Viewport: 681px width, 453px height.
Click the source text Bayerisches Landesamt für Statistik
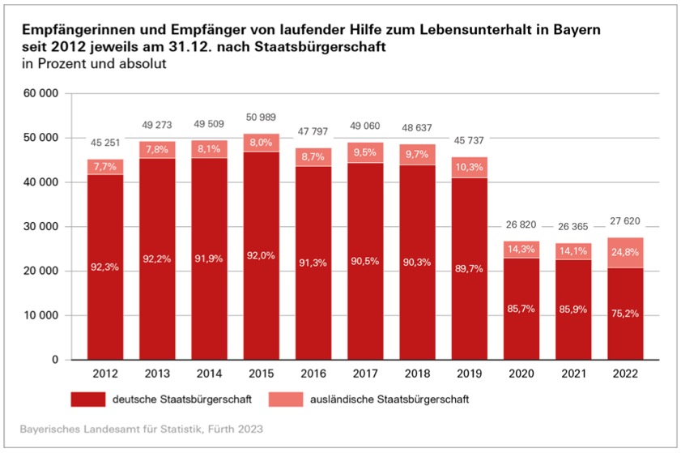pyautogui.click(x=113, y=427)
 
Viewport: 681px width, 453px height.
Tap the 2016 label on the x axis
pyautogui.click(x=313, y=374)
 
